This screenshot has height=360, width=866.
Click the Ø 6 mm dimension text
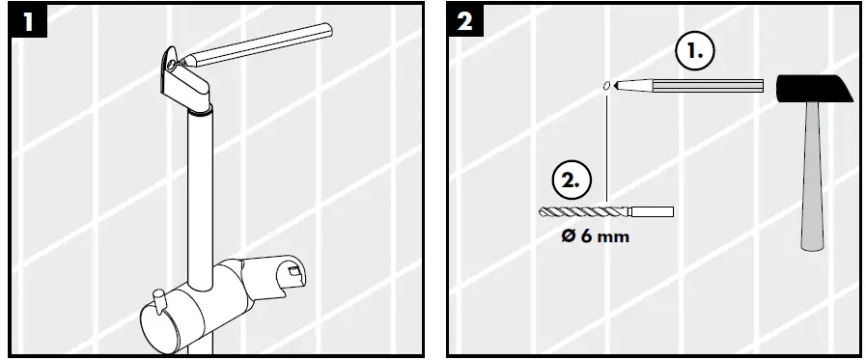point(595,235)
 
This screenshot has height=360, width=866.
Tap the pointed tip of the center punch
point(618,86)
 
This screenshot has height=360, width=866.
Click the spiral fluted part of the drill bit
point(579,211)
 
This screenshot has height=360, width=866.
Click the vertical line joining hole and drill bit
point(605,145)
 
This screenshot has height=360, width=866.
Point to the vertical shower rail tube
point(201,193)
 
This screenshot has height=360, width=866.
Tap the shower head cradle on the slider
point(280,270)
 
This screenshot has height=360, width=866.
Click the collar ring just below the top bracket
point(199,114)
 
